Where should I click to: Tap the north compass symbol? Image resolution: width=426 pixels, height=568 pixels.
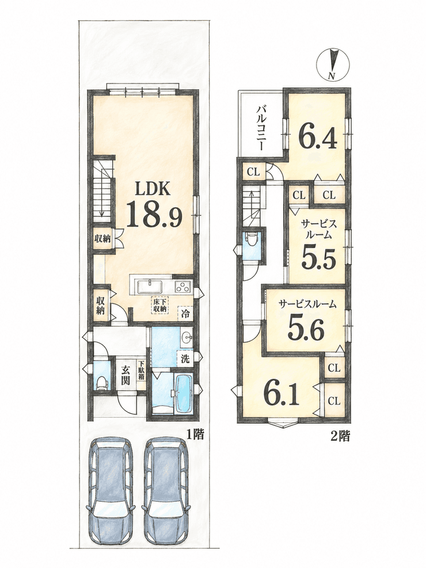(332, 64)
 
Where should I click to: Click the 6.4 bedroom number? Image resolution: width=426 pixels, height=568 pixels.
(318, 136)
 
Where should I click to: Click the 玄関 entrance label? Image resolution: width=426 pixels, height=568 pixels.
(125, 375)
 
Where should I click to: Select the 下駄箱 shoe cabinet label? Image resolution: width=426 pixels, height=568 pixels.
(141, 370)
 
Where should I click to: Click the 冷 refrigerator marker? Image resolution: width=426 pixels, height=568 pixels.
(184, 313)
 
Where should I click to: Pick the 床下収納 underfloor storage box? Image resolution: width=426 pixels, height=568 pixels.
(159, 305)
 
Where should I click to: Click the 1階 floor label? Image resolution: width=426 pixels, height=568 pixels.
(195, 434)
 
